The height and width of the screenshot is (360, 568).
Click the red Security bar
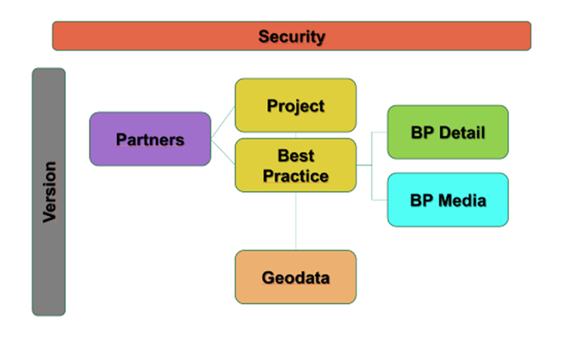pos(292,36)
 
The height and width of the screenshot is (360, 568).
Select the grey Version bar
pos(48,192)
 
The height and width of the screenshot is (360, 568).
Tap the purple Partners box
pos(150,139)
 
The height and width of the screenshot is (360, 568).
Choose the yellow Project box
pos(295,105)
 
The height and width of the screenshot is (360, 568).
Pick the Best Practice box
pos(295,165)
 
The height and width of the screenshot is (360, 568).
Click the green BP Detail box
pos(448,132)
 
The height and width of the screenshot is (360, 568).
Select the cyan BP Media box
pos(448,200)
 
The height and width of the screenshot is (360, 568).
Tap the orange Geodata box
pos(295,277)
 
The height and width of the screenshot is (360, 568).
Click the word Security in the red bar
pos(292,37)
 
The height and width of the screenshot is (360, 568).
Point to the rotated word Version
pos(49,192)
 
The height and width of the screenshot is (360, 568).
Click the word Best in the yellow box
pos(296,156)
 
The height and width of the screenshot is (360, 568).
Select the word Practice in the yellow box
pos(295,176)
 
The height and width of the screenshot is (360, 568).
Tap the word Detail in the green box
pos(462,133)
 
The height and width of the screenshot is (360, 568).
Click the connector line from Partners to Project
pos(223,122)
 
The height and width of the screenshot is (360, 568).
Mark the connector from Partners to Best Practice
pos(223,152)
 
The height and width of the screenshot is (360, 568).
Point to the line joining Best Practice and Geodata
pos(295,221)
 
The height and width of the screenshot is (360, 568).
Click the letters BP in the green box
pos(422,133)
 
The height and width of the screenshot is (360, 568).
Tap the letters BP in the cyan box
pos(422,200)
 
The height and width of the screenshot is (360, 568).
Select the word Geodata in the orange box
pos(295,278)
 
